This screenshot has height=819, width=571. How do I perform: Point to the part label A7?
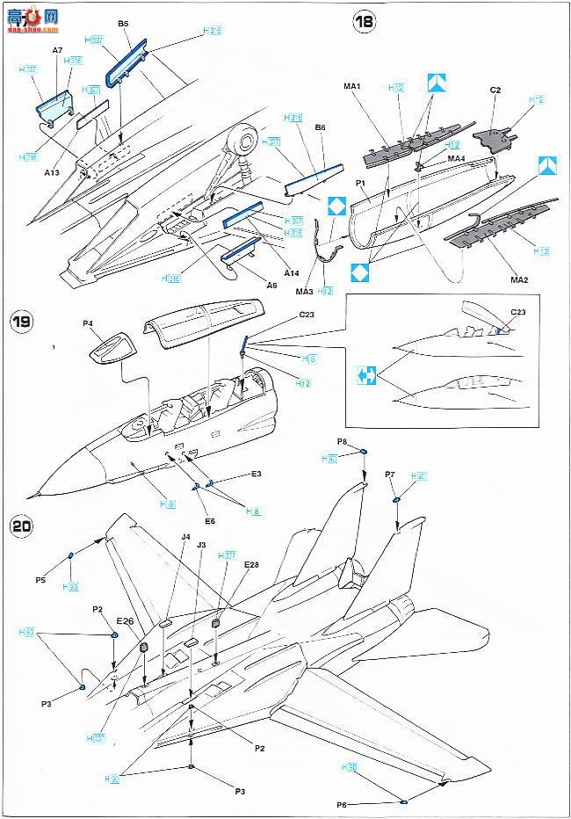coord(57,51)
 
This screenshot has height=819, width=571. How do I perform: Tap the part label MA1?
coord(353,86)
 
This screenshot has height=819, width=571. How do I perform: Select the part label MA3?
coord(304,290)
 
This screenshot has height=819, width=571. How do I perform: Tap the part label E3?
coord(256,475)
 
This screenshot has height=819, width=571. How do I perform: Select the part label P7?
coord(391,475)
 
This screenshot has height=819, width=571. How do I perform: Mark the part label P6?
coord(342,805)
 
